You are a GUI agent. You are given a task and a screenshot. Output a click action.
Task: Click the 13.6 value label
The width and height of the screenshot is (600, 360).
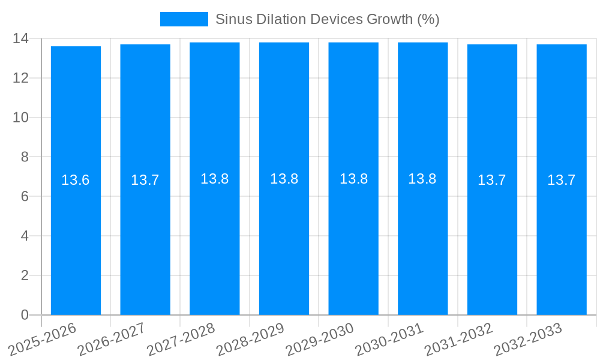(76, 180)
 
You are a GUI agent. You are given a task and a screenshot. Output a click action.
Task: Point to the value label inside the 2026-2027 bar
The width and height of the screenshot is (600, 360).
(145, 180)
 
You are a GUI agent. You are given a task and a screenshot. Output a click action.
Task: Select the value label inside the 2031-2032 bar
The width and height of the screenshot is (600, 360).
(492, 180)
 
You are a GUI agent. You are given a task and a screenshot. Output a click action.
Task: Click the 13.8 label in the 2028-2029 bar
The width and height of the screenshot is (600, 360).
(284, 179)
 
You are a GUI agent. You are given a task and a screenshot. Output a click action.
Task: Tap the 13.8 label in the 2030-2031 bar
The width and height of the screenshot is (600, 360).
(422, 179)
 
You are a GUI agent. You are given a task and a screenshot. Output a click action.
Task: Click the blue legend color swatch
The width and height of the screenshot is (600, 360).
(184, 19)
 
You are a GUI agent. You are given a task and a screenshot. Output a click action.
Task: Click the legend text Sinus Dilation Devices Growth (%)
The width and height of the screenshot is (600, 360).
(327, 19)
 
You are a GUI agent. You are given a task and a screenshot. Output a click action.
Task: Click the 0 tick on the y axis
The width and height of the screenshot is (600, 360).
(25, 315)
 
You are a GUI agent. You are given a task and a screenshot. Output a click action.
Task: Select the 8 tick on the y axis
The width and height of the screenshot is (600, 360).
(25, 157)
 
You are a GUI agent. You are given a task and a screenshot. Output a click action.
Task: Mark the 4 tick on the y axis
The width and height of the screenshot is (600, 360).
(25, 236)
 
